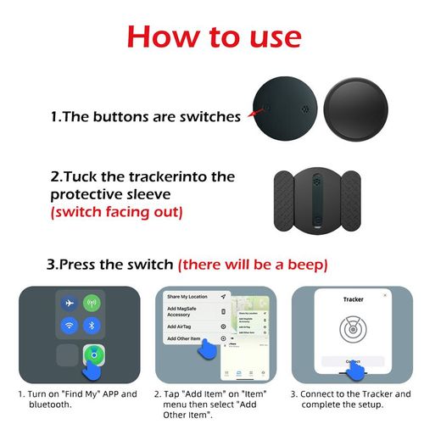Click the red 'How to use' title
coord(213,36)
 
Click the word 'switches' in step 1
coord(209,116)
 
